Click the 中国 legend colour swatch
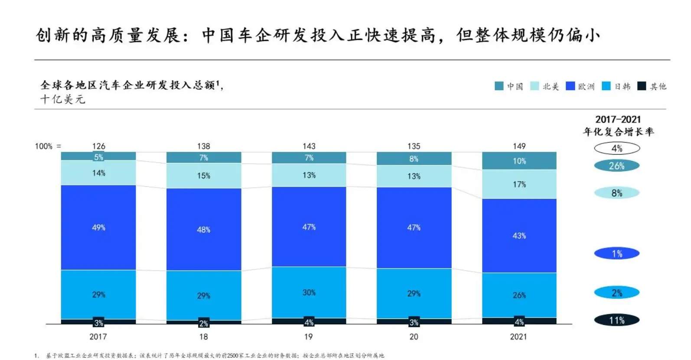click(x=499, y=86)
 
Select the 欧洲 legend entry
click(x=580, y=86)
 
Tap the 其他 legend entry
click(x=652, y=86)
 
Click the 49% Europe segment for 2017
click(x=98, y=227)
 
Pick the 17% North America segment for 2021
click(x=519, y=185)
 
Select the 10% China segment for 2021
click(x=519, y=161)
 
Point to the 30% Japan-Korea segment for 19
click(x=309, y=292)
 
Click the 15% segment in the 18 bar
click(x=203, y=176)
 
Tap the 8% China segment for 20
click(x=414, y=159)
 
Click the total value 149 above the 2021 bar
click(x=519, y=146)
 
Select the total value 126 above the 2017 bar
click(x=99, y=146)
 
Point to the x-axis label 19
click(x=308, y=337)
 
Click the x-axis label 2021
click(x=518, y=337)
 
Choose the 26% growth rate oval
click(x=616, y=166)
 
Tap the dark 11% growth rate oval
click(x=616, y=321)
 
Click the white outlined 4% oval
click(x=616, y=149)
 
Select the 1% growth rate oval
click(x=616, y=253)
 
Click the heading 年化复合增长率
click(x=618, y=132)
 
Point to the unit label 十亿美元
click(x=63, y=99)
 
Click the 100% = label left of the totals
click(x=48, y=146)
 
